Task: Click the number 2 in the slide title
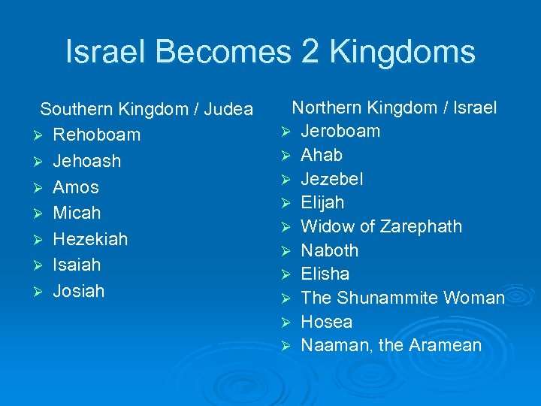tap(310, 53)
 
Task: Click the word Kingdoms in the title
tap(402, 53)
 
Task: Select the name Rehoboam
tap(96, 135)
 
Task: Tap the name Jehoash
tap(86, 161)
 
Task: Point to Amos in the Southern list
tap(76, 187)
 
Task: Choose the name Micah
tap(77, 213)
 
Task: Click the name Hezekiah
tap(90, 239)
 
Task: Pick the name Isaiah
tap(77, 265)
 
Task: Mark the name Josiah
tap(79, 291)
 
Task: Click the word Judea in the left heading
tap(228, 109)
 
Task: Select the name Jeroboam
tap(340, 132)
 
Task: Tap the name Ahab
tap(322, 155)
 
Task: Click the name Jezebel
tap(331, 179)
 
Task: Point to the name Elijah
tap(322, 202)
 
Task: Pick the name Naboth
tap(329, 250)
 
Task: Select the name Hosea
tap(326, 322)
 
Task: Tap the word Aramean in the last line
tap(446, 346)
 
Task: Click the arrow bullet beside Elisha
tap(286, 274)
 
